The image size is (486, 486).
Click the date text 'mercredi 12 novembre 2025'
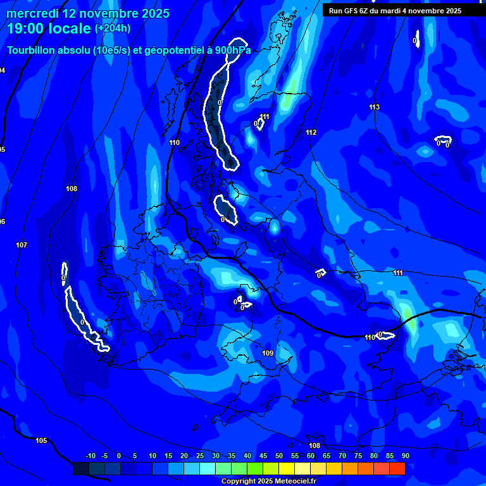[88, 13]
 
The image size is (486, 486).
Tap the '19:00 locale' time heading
[49, 28]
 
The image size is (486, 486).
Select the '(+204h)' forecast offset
[113, 28]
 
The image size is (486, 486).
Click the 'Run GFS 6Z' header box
[395, 11]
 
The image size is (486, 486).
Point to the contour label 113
[374, 107]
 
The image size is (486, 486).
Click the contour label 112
[311, 132]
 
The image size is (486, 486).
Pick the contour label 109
[267, 353]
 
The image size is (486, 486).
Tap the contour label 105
[41, 440]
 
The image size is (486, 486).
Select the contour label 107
[22, 245]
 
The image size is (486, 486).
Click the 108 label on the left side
[72, 189]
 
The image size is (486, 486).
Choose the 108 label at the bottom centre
[315, 445]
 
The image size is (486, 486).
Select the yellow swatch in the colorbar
[287, 468]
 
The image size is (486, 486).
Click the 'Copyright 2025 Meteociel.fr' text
[268, 481]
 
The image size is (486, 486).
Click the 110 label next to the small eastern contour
[370, 337]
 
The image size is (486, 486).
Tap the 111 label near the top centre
[265, 116]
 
